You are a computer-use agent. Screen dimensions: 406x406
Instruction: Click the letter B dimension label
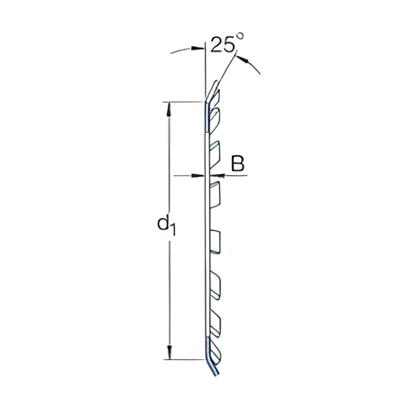pyautogui.click(x=238, y=163)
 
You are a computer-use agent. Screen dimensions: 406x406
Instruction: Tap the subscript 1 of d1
pyautogui.click(x=171, y=230)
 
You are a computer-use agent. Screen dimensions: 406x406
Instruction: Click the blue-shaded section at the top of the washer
pyautogui.click(x=208, y=114)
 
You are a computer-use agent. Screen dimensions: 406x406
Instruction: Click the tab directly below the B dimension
pyautogui.click(x=217, y=192)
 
